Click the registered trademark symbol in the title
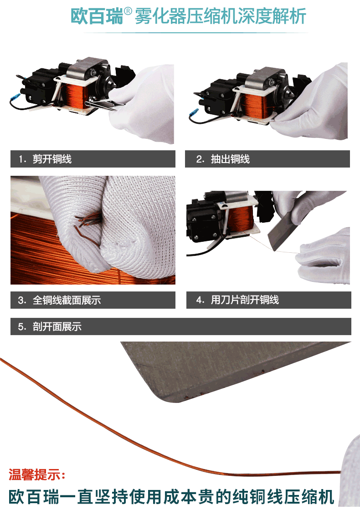(x=128, y=12)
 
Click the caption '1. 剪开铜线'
(x=45, y=159)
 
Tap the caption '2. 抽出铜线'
(x=223, y=159)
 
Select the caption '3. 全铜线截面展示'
(x=60, y=300)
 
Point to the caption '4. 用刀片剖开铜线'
(x=237, y=300)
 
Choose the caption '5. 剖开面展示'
(x=50, y=326)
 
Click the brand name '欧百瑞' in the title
(x=97, y=16)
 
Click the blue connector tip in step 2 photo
(x=194, y=112)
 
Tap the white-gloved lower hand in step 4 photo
(x=322, y=257)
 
